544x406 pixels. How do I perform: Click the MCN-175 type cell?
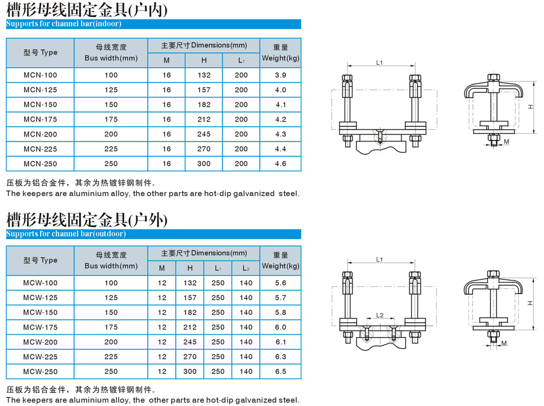tap(40, 119)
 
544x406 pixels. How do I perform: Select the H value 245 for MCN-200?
tap(204, 134)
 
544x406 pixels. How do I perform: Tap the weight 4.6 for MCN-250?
tap(281, 163)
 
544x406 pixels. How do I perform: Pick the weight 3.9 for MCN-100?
tap(281, 75)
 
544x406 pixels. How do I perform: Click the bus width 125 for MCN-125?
tap(111, 90)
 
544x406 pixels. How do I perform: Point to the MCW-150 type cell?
tap(40, 312)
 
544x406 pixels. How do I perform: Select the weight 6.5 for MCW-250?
tap(281, 371)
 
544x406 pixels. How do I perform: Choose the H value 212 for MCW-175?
tap(190, 327)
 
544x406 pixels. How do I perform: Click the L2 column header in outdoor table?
tap(246, 268)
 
